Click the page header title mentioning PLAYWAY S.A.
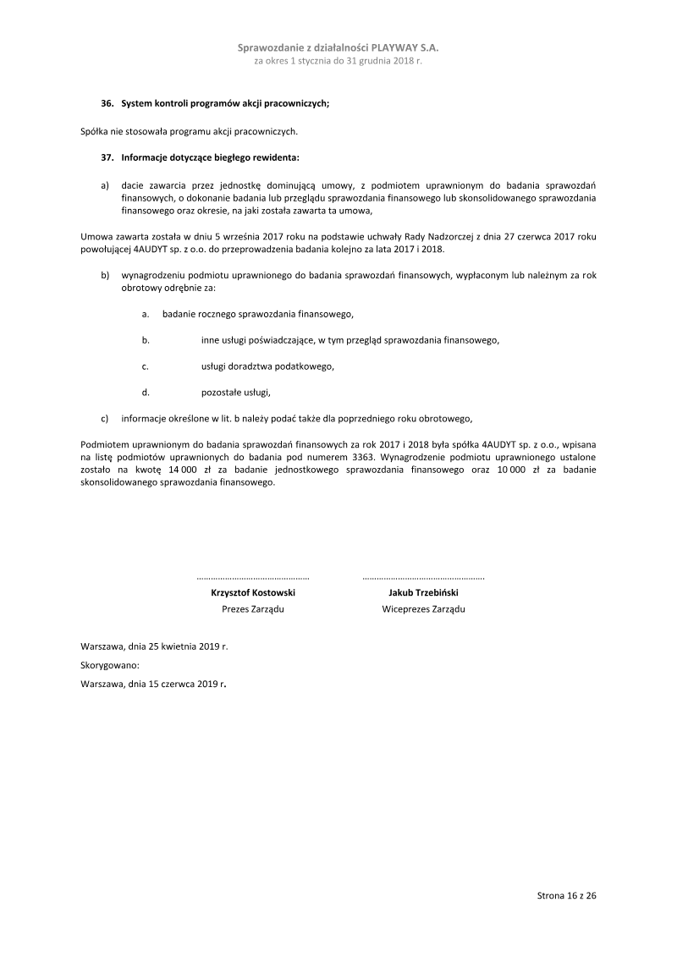tap(338, 49)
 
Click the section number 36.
tap(107, 103)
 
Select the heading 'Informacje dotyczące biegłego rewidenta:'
tap(210, 157)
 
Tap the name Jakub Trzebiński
tap(423, 593)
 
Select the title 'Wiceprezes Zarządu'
tap(423, 609)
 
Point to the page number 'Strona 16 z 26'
tap(567, 894)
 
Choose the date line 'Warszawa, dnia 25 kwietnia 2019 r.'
tap(154, 646)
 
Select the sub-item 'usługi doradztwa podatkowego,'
tap(267, 366)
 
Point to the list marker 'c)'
tap(105, 418)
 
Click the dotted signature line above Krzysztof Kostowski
tap(253, 578)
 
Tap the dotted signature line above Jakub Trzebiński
tap(423, 578)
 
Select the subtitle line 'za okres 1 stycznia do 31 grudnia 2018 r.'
tap(338, 62)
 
